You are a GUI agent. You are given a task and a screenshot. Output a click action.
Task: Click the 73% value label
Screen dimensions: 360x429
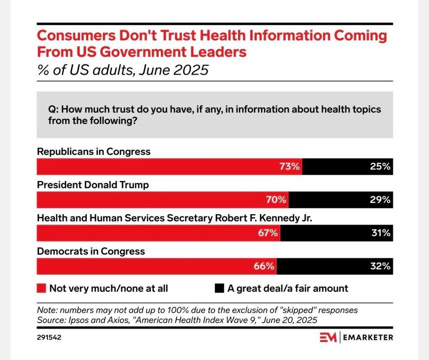click(290, 166)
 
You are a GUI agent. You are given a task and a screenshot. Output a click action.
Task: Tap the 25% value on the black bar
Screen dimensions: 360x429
click(381, 166)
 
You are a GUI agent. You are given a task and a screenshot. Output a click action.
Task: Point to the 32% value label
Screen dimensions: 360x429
click(381, 266)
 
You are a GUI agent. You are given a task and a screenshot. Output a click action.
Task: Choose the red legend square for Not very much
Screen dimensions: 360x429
click(41, 288)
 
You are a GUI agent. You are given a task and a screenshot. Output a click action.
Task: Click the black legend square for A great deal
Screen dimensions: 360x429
click(219, 288)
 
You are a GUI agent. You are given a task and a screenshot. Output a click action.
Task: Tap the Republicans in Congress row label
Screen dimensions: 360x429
click(94, 152)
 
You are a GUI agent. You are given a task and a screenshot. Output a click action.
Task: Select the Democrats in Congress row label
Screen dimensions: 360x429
click(91, 251)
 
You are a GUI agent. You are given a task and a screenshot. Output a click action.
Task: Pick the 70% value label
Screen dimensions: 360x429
click(277, 199)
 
